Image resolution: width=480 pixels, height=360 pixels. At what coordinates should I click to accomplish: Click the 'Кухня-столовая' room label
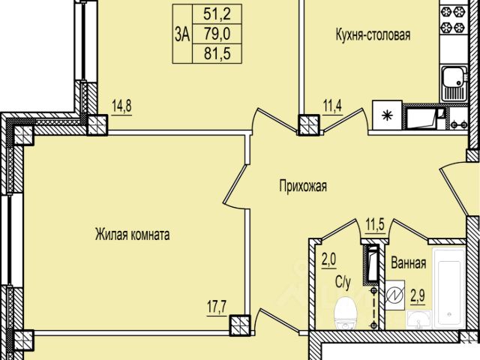coord(373,35)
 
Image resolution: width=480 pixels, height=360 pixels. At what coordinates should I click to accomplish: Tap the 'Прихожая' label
coord(303,186)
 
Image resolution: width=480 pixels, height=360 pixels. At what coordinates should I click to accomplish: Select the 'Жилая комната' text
coord(132,235)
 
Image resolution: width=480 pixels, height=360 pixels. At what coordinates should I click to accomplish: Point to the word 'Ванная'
coord(409,263)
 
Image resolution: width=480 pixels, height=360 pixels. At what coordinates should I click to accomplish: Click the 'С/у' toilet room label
coord(343,282)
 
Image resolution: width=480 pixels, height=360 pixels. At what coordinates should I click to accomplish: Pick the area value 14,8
coord(121,106)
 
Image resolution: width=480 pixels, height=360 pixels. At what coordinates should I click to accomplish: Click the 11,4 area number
coord(332,106)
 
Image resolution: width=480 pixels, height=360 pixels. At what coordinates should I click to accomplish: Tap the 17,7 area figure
coord(217,307)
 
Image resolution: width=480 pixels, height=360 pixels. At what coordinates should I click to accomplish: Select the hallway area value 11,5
coord(375,225)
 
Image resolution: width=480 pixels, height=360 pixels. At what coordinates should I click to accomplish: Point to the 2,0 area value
coord(328,260)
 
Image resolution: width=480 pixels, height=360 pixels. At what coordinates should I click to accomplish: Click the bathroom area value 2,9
coord(418,296)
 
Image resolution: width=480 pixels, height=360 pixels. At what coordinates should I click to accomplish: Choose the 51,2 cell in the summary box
coord(217,14)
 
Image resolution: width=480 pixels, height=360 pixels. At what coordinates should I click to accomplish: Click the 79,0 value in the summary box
coord(217,34)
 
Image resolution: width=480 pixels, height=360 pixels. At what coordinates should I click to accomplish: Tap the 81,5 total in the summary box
coord(217,54)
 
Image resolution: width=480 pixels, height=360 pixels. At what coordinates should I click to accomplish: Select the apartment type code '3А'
coord(182,34)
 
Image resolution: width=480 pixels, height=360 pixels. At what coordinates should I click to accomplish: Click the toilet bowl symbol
coord(346,313)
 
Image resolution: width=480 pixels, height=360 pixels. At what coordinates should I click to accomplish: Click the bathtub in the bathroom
coord(449,288)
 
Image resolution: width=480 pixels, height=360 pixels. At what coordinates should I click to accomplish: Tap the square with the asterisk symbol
coord(387,115)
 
